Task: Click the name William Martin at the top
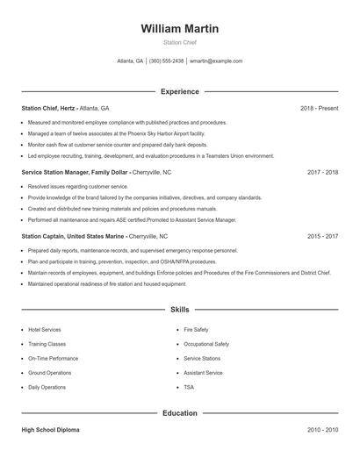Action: pos(180,29)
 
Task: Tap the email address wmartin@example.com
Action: pos(216,61)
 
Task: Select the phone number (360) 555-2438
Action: pos(166,61)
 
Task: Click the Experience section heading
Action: pos(180,91)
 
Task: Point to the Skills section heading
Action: pos(180,310)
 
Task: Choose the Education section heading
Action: pos(180,412)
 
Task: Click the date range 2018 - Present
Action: pos(319,108)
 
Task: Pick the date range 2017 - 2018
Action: pos(322,172)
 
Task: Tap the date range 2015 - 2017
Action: pos(322,236)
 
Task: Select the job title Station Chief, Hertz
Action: pos(48,108)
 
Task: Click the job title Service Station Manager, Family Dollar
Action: pos(75,172)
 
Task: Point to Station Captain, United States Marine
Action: pos(74,236)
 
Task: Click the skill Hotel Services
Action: pos(45,330)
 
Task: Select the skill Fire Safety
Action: pos(196,330)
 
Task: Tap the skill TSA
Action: pos(189,387)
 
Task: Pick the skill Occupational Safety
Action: pos(206,344)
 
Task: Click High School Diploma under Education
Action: pos(52,430)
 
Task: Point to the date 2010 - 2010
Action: pos(322,430)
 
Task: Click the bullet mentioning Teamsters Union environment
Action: pos(151,155)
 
